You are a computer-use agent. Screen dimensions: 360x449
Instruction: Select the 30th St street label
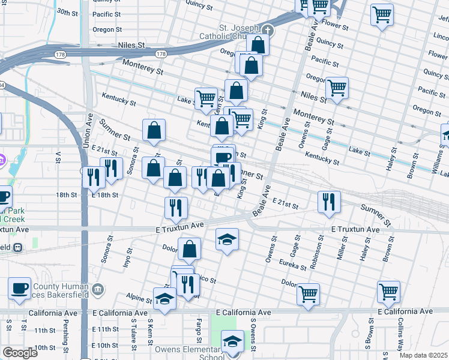pyautogui.click(x=67, y=12)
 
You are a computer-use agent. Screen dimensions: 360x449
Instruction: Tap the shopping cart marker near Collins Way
pyautogui.click(x=388, y=292)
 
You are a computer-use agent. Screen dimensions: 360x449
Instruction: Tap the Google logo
pyautogui.click(x=20, y=353)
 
